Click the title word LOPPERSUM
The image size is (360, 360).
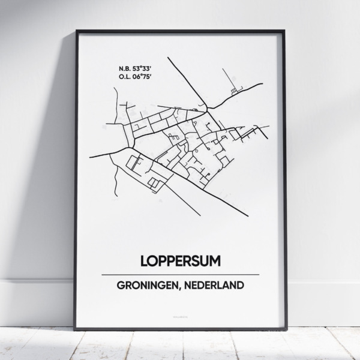coord(180,262)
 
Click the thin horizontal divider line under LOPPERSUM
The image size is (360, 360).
coord(180,274)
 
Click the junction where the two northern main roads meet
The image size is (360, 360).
coord(208,109)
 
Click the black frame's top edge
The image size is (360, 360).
coord(180,31)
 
